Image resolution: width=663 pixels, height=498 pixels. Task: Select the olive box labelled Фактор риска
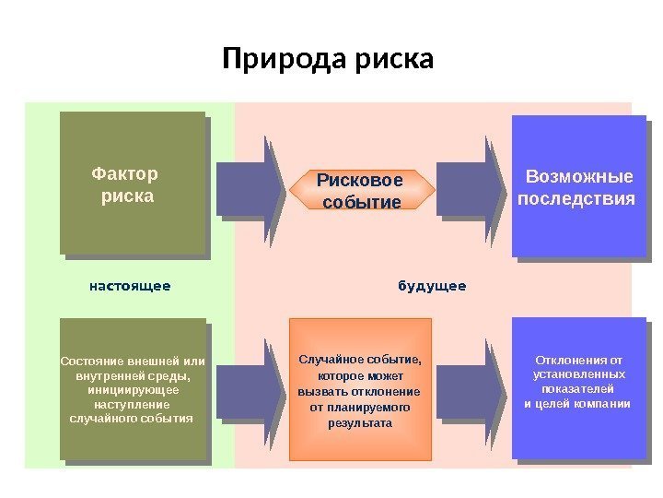click(132, 182)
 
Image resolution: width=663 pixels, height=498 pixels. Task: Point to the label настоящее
click(130, 286)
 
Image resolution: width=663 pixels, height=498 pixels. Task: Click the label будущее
click(432, 286)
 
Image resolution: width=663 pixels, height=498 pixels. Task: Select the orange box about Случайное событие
click(360, 389)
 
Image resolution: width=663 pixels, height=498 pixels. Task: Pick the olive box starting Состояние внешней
click(132, 388)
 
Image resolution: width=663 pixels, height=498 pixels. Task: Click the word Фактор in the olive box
click(125, 173)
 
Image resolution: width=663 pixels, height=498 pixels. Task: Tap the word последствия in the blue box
click(577, 199)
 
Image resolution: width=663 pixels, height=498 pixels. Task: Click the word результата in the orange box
click(360, 422)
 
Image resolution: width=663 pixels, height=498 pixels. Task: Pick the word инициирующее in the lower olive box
click(132, 389)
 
